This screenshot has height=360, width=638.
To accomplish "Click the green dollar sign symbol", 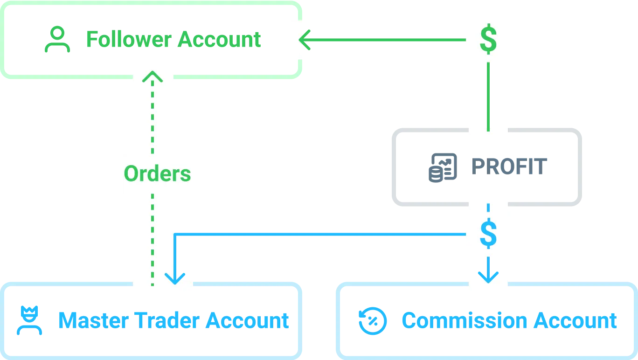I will pyautogui.click(x=488, y=40).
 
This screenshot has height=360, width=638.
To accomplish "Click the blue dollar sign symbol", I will pyautogui.click(x=488, y=234).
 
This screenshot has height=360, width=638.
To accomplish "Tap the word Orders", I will pyautogui.click(x=157, y=174).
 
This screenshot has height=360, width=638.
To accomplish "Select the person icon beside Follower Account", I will pyautogui.click(x=57, y=41).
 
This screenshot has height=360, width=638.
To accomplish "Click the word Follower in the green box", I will pyautogui.click(x=128, y=40).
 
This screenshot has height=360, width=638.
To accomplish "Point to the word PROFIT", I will pyautogui.click(x=508, y=167).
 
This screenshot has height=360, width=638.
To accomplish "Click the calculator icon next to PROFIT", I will pyautogui.click(x=439, y=167).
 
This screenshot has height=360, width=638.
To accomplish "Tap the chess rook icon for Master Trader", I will pyautogui.click(x=29, y=320).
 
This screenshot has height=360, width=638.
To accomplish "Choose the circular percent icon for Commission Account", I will pyautogui.click(x=373, y=321).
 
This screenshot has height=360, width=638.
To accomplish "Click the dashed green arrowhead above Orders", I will pyautogui.click(x=152, y=76).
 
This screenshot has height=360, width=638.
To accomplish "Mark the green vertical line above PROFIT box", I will pyautogui.click(x=488, y=96).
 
